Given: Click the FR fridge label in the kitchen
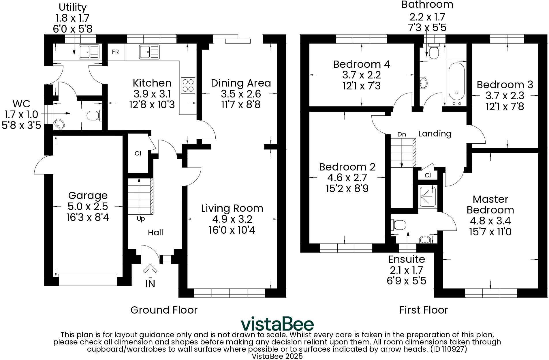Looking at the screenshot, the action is [x=115, y=52].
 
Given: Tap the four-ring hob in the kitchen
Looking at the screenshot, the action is [x=188, y=85].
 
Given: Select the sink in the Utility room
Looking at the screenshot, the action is [x=89, y=52].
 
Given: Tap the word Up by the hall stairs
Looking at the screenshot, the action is [x=141, y=219].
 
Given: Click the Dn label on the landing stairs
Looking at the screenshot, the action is [x=402, y=134].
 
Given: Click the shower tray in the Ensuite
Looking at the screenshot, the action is [x=428, y=197].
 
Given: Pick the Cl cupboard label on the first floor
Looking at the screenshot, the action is [x=428, y=175].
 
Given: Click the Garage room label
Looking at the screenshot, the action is [x=88, y=196].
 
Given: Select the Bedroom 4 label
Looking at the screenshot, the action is [x=362, y=64].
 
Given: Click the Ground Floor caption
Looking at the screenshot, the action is [x=164, y=310].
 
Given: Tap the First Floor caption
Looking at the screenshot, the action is [x=424, y=310].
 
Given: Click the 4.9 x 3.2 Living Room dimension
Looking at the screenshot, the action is [x=232, y=219].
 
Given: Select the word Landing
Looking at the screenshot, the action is [x=435, y=134].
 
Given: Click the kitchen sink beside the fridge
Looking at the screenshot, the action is [x=149, y=52].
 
